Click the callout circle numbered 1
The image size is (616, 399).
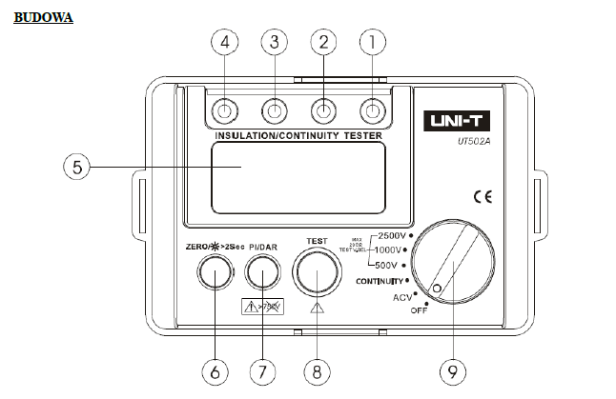coord(371,42)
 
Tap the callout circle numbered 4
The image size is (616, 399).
coord(225,42)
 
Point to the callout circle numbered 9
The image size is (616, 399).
coord(453,370)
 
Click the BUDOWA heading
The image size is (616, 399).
coord(43,17)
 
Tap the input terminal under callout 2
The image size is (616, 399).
coord(323,110)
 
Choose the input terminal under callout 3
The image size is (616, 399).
coord(274,110)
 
